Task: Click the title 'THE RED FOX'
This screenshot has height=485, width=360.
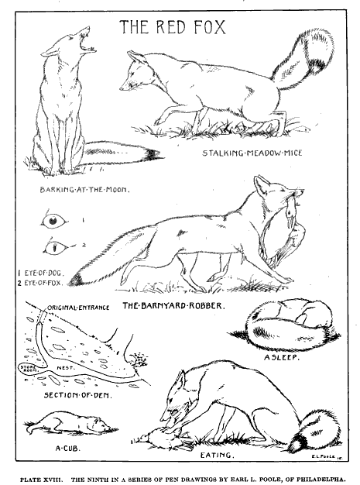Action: pyautogui.click(x=172, y=29)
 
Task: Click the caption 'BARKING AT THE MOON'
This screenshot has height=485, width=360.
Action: pyautogui.click(x=84, y=189)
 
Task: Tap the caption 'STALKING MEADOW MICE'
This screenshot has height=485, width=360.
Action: pyautogui.click(x=252, y=153)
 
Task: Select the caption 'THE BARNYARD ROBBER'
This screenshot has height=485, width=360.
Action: pyautogui.click(x=173, y=306)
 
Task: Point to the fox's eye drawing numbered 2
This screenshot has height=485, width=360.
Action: pyautogui.click(x=53, y=248)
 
